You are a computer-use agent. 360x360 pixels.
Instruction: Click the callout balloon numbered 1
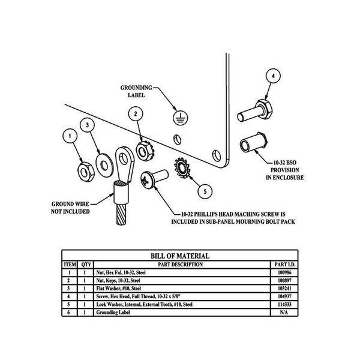[x=71, y=136]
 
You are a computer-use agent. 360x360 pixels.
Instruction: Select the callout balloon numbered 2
[x=137, y=113]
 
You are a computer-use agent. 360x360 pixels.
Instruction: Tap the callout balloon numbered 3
[x=89, y=125]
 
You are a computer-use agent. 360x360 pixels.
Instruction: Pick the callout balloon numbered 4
[x=273, y=76]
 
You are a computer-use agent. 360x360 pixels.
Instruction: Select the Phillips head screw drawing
[x=154, y=178]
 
